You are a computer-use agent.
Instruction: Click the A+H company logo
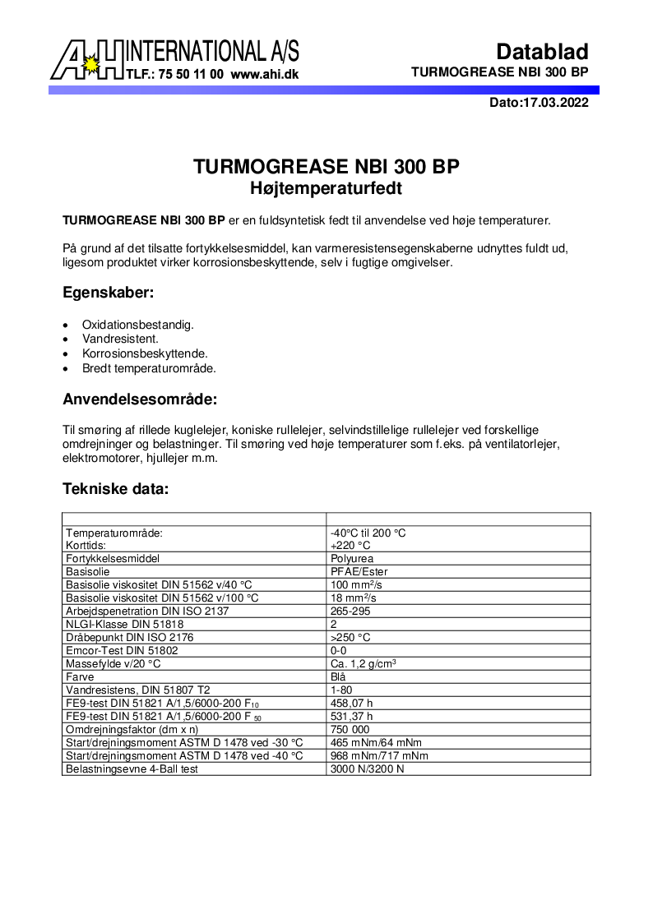[x=86, y=60]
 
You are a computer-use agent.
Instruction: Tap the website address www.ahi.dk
[x=265, y=74]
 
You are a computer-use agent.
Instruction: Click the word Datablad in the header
[x=543, y=52]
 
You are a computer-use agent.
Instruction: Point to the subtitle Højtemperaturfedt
[x=326, y=188]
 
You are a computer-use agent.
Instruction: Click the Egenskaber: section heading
[x=109, y=292]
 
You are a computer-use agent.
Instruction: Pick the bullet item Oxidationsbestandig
[x=138, y=325]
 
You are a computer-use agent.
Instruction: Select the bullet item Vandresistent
[x=120, y=339]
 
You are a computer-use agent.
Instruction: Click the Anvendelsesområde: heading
[x=141, y=400]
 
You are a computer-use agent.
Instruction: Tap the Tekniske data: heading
[x=115, y=489]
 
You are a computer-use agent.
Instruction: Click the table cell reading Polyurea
[x=353, y=558]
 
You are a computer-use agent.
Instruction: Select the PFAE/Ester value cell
[x=359, y=571]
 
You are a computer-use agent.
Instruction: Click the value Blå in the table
[x=338, y=676]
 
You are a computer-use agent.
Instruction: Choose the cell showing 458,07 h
[x=352, y=703]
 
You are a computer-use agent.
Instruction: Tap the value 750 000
[x=350, y=729]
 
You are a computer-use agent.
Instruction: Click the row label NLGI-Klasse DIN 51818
[x=124, y=624]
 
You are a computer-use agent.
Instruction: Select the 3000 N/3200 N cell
[x=368, y=768]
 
